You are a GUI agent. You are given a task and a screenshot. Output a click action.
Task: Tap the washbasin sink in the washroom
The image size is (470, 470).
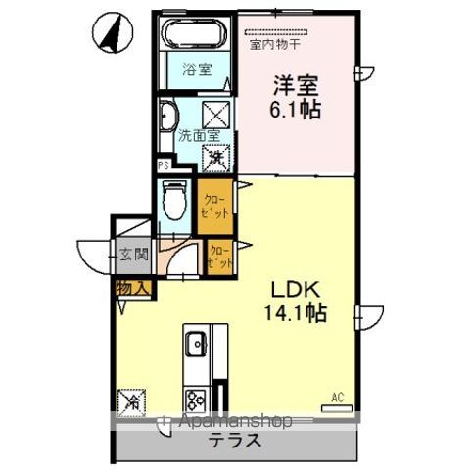pos(166,116)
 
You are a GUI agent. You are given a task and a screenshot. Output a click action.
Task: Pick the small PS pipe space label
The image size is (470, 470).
pos(163,166)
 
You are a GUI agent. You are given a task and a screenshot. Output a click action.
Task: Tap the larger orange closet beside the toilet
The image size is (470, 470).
pos(214,206)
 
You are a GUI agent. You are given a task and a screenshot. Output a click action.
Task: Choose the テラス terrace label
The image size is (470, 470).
pos(233,440)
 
